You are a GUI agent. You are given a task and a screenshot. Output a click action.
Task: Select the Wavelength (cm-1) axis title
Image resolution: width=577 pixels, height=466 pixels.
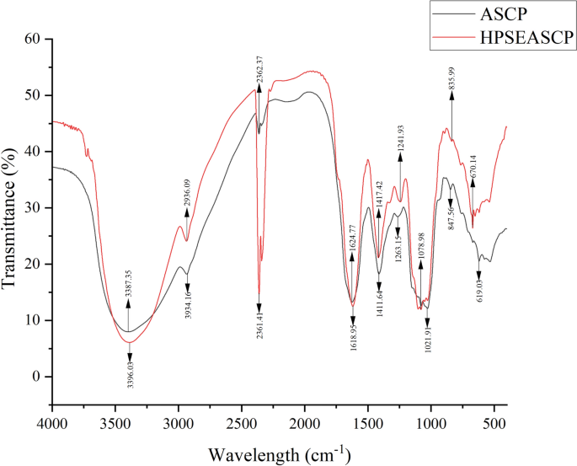tap(280, 455)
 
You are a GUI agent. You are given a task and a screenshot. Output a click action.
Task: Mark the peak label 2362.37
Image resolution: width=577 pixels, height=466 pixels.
tap(259, 59)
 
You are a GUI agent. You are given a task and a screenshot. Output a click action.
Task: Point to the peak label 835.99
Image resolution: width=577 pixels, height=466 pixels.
tap(451, 68)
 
